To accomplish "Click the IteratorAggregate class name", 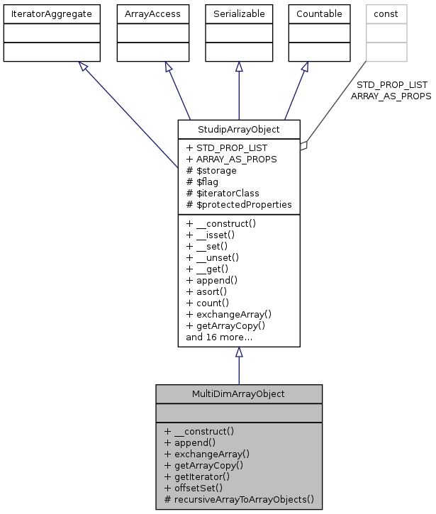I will [50, 13].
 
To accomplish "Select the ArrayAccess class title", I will [147, 13].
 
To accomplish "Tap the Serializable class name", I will [239, 13].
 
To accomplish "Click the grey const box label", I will [386, 13].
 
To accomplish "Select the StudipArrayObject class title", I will [238, 129].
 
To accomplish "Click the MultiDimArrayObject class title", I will [238, 393].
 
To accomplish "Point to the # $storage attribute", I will [211, 170].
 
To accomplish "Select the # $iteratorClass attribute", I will [222, 193].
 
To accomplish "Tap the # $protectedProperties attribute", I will [238, 204].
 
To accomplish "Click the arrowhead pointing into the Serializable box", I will [239, 67].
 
